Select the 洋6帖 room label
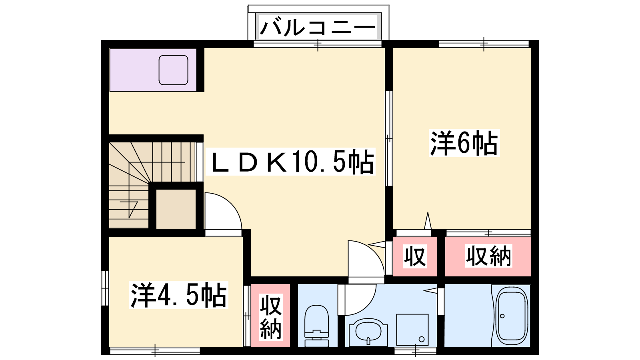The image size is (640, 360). (464, 143)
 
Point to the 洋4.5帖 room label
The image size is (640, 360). (178, 295)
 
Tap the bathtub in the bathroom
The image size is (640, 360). (512, 316)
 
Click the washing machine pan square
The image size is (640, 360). (412, 330)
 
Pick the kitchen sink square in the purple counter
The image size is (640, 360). (174, 70)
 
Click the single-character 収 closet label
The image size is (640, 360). (415, 256)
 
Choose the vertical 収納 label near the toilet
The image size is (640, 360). (270, 317)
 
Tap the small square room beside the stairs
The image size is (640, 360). (176, 209)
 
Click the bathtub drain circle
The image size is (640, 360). (502, 316)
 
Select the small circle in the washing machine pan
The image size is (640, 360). (422, 340)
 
